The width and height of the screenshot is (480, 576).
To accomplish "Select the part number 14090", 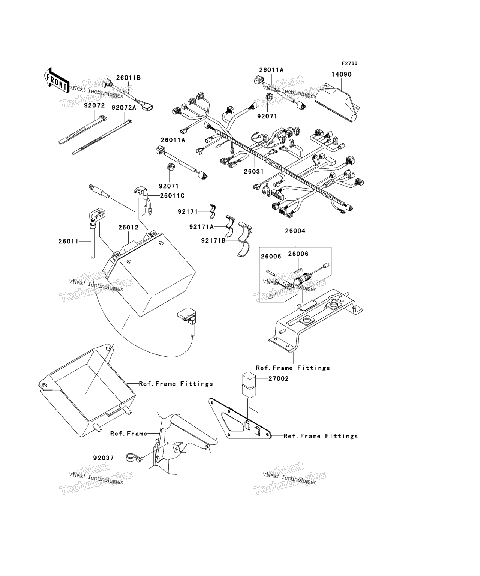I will pyautogui.click(x=341, y=75).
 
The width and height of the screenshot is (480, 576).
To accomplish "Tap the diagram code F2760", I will pyautogui.click(x=349, y=63).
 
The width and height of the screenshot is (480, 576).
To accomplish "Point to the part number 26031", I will pyautogui.click(x=254, y=171).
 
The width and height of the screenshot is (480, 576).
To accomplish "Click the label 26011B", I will pyautogui.click(x=128, y=78).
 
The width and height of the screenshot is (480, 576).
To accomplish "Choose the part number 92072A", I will pyautogui.click(x=124, y=107).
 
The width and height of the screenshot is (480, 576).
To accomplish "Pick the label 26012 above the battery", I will pyautogui.click(x=128, y=228).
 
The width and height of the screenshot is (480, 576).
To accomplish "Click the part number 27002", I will pyautogui.click(x=278, y=378).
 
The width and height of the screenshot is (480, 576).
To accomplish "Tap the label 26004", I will pyautogui.click(x=295, y=231).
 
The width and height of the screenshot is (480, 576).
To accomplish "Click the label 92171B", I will pyautogui.click(x=213, y=240).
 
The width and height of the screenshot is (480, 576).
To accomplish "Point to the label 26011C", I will pyautogui.click(x=172, y=196).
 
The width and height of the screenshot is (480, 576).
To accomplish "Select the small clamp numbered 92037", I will pyautogui.click(x=129, y=458).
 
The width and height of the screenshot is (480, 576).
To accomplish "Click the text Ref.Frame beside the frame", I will pyautogui.click(x=129, y=433).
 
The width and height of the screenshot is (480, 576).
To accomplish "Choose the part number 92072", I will pyautogui.click(x=94, y=106).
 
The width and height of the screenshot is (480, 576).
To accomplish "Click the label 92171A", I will pyautogui.click(x=201, y=227).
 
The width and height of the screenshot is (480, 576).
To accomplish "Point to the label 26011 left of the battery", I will pyautogui.click(x=68, y=241).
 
